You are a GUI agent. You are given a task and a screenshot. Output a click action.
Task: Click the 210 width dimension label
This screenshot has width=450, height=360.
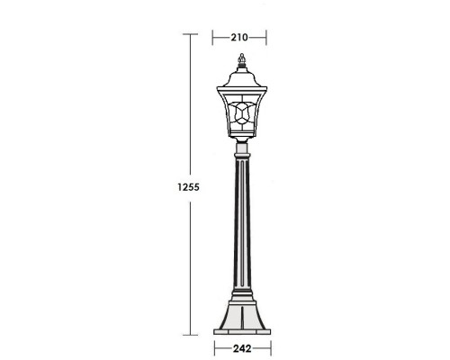pos(239,38)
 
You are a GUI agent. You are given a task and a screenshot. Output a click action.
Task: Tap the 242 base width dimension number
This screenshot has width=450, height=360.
pos(239,346)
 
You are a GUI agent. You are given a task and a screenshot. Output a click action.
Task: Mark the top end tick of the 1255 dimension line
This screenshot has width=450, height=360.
pos(189,33)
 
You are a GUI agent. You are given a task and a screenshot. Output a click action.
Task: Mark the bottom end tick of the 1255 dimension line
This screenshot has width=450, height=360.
pos(189,334)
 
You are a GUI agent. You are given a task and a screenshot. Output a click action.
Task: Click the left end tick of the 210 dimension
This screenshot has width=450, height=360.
pos(212,38)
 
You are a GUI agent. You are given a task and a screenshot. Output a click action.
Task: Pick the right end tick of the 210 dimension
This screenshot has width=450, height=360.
pos(267,38)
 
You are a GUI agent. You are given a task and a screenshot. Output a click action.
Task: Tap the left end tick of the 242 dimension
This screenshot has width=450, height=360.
pos(215,346)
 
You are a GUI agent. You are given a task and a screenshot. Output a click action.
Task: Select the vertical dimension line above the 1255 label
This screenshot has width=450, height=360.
pos(189,108)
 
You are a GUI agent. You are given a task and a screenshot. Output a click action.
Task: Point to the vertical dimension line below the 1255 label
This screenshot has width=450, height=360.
pos(189,261)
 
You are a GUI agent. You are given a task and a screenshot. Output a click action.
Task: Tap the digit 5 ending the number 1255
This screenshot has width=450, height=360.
pos(195,187)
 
